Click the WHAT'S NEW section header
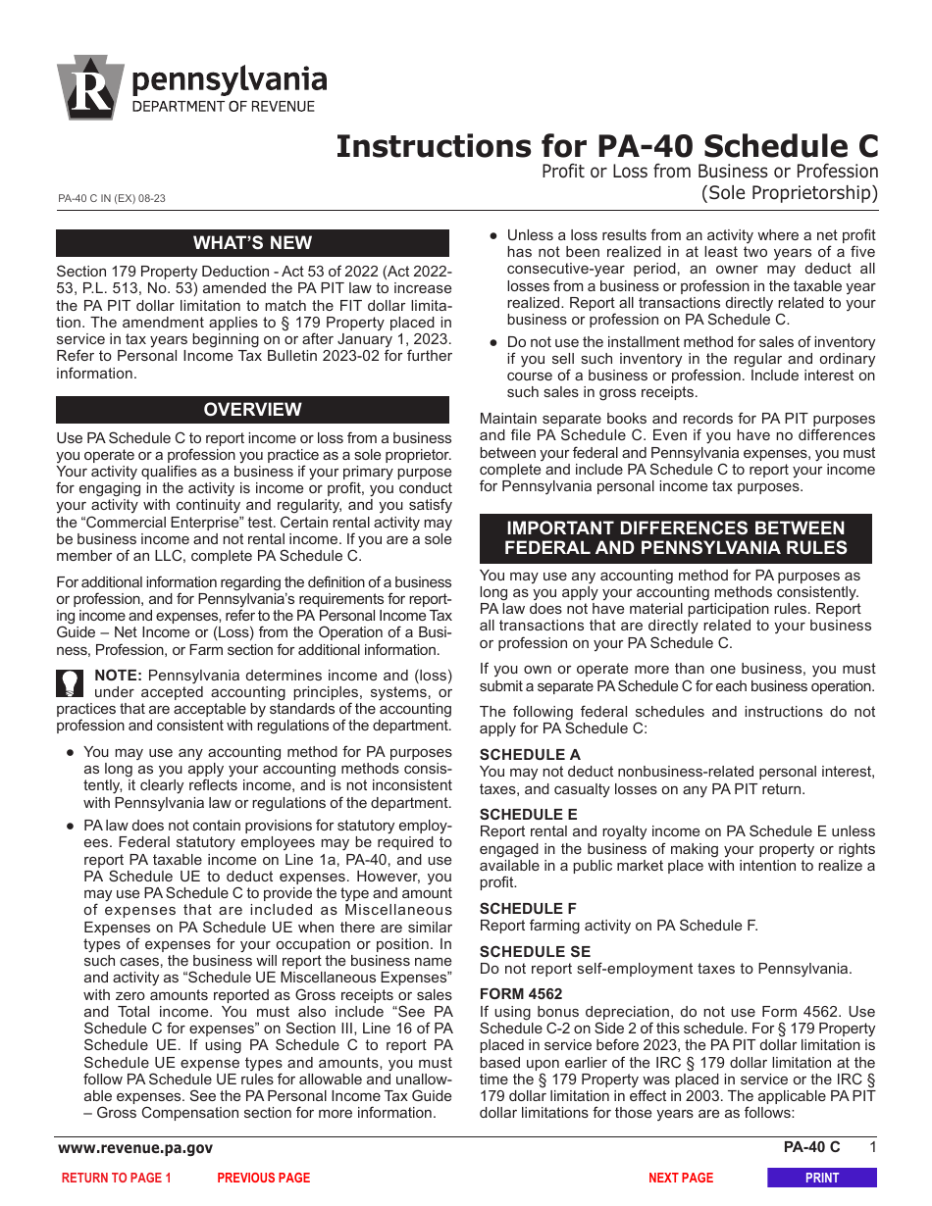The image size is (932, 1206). coord(252,243)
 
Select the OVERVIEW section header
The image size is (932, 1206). coord(252,410)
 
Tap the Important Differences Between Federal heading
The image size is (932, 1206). coord(675,538)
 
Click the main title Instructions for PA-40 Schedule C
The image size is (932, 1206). coord(607,146)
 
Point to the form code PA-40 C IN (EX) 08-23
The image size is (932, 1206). coord(112,198)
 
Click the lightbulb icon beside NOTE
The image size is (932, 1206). coord(71,682)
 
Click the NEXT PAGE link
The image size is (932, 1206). coord(681,1178)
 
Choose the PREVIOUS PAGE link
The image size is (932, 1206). coord(263,1178)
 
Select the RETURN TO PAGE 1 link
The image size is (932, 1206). coord(116,1178)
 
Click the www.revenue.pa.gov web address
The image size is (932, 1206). coord(135,1148)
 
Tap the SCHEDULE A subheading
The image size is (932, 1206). coord(530,754)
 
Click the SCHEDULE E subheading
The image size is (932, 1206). coord(529,814)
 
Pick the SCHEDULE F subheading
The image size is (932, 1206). coord(529,908)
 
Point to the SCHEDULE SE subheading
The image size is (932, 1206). coord(535,951)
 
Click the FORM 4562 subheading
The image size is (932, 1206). coord(521,993)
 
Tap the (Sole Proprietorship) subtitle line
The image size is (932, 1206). coord(789,193)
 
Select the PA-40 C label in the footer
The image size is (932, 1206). coord(811,1148)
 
